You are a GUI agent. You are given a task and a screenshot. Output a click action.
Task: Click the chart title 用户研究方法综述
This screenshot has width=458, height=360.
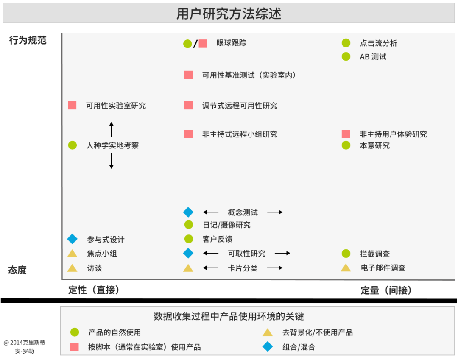229,14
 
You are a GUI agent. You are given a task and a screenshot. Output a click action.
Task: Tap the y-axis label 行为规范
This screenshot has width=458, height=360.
28,40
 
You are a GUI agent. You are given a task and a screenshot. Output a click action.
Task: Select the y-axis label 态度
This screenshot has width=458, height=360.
17,270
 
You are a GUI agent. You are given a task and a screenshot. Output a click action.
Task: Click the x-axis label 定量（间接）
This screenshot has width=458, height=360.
386,290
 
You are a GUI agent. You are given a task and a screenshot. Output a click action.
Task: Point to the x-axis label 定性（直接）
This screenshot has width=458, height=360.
94,290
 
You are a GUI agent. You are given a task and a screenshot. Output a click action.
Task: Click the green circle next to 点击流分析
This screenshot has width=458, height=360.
346,43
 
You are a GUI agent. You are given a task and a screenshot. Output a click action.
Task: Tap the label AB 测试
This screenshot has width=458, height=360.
373,57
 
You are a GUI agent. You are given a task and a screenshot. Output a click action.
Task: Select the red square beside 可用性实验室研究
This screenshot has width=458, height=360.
72,105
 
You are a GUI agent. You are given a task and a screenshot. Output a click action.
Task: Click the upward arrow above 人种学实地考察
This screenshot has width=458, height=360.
111,130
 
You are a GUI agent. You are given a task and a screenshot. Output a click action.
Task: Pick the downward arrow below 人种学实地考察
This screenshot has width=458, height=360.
111,161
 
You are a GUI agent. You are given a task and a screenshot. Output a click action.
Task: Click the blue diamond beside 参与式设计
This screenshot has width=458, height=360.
73,239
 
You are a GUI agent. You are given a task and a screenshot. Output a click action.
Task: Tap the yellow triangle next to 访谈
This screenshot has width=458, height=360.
72,268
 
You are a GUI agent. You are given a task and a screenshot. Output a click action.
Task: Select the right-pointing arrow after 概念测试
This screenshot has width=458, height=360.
275,212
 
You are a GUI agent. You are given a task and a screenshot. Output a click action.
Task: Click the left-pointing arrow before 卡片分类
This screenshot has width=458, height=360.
211,268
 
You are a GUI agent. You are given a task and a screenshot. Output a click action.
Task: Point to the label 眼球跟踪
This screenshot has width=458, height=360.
232,43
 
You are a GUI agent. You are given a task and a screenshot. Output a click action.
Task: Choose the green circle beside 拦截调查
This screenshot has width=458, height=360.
346,254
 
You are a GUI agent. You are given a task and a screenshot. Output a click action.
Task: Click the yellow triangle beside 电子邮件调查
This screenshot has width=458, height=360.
346,268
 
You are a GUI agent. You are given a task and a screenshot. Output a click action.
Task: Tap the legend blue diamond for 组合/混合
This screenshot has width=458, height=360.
268,346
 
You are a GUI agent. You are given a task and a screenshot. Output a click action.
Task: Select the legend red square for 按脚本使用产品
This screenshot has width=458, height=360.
75,346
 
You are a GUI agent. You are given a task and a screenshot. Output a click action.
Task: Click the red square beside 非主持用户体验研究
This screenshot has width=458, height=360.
346,134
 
